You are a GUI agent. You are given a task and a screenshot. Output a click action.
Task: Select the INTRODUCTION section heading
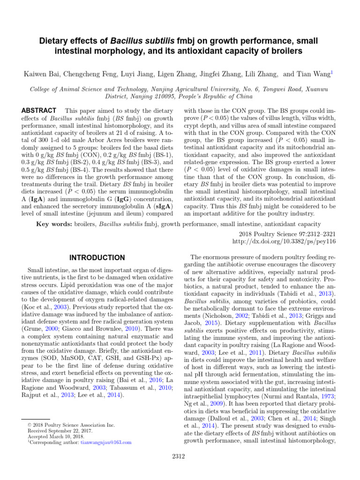[97, 258]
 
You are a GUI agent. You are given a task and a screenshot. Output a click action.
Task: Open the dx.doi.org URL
[284, 241]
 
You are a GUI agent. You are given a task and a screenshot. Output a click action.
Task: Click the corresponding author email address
[106, 442]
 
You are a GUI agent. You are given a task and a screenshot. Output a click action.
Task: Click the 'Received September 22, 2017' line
[54, 430]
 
